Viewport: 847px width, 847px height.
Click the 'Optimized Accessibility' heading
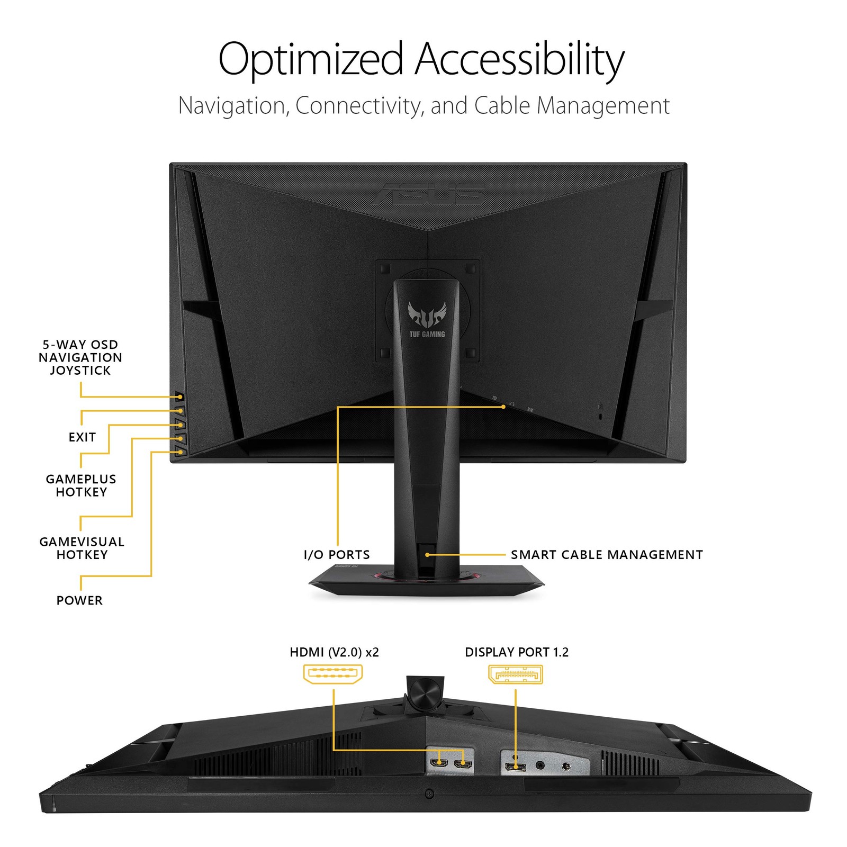421,60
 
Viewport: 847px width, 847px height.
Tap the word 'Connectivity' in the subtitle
359,105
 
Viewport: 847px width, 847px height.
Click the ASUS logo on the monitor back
428,194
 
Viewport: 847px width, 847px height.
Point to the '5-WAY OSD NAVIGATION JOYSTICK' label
80,358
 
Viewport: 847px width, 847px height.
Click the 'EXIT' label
82,437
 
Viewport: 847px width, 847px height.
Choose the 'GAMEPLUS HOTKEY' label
81,485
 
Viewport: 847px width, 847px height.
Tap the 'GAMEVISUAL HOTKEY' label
82,548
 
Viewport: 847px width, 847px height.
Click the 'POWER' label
79,600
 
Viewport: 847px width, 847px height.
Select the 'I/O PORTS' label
337,555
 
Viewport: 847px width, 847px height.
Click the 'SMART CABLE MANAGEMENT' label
607,555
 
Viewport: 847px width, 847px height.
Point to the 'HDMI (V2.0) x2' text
334,652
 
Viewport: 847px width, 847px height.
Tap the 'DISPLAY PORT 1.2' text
516,652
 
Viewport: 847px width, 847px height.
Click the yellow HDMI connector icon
332,674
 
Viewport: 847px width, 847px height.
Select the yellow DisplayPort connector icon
515,674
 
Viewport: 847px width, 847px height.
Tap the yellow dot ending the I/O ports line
503,407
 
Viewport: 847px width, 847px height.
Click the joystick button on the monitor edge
179,397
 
